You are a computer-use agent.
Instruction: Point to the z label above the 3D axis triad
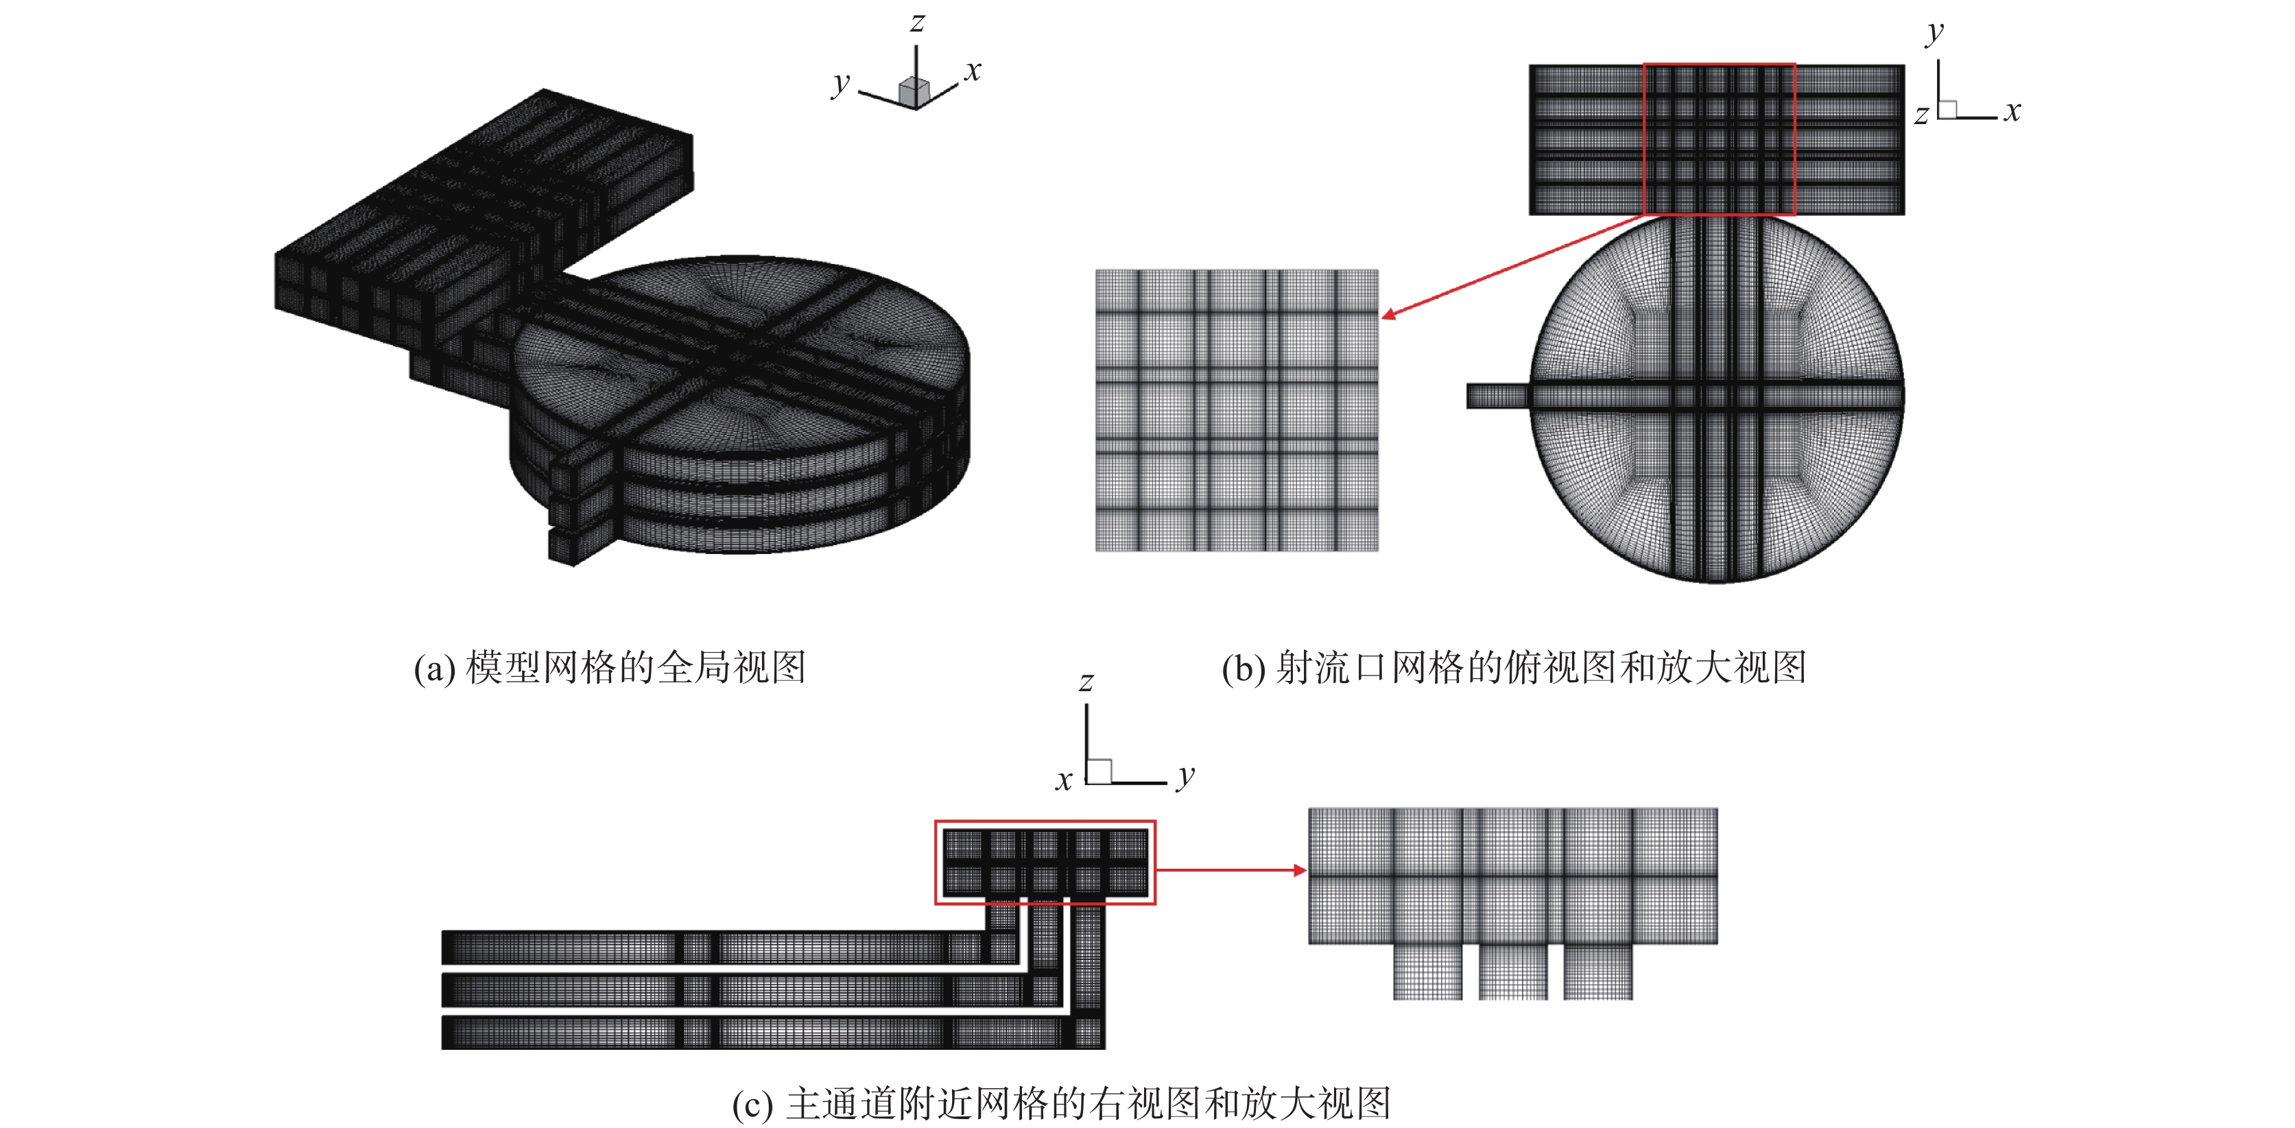(917, 22)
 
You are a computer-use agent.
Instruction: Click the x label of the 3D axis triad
(973, 71)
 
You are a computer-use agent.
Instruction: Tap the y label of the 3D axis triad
(840, 84)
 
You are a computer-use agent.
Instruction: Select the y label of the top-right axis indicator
(1934, 34)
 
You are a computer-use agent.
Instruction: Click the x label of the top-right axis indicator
(2012, 111)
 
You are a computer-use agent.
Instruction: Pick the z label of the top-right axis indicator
(1922, 115)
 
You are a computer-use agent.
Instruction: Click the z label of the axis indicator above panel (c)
(1086, 682)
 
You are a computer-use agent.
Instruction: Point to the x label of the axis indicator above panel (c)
(1064, 780)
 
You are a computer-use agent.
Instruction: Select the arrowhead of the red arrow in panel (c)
(1300, 870)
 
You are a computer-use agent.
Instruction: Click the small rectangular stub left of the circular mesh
(1497, 396)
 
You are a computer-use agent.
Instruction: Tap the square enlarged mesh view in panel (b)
(1237, 411)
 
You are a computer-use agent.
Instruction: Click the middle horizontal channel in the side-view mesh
(751, 990)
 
